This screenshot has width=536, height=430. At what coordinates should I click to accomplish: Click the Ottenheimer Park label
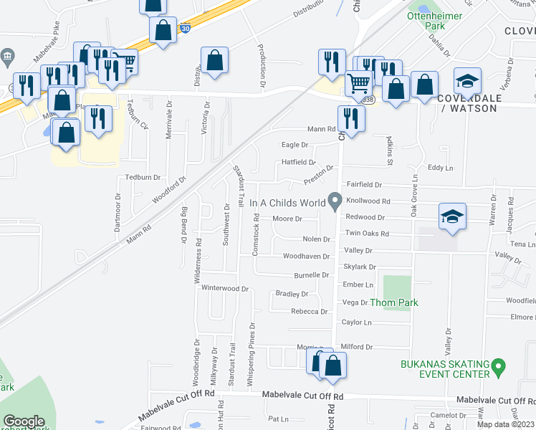tap(426, 21)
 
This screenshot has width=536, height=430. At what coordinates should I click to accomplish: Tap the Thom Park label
tap(393, 302)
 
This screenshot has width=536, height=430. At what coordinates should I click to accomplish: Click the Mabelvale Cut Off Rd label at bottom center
tap(302, 396)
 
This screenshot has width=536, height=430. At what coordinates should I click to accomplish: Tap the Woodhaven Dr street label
tap(306, 256)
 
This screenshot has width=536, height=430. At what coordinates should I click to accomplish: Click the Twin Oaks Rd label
tap(367, 234)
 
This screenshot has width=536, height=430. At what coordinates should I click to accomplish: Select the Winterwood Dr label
tap(224, 289)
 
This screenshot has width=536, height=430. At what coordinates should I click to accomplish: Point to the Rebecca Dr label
tap(309, 312)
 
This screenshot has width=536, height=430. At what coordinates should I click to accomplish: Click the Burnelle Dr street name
tap(311, 275)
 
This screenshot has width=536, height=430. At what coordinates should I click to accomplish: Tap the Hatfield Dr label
tap(298, 162)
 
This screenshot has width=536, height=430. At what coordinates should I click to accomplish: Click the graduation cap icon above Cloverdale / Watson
tap(466, 80)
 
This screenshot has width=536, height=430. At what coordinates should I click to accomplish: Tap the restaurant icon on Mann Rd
tap(350, 116)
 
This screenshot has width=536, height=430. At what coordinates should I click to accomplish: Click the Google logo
tap(24, 421)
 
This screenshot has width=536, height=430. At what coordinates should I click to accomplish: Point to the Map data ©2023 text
tap(506, 424)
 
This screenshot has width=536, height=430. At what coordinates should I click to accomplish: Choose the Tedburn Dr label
tap(140, 176)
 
